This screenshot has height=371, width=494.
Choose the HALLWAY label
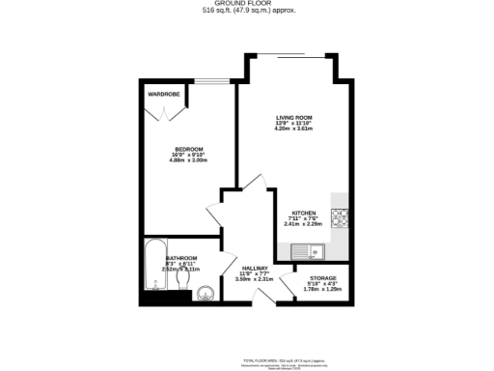pyautogui.click(x=254, y=268)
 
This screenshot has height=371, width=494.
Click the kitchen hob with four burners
pyautogui.click(x=342, y=217)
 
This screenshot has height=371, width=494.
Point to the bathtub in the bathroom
pyautogui.click(x=154, y=268)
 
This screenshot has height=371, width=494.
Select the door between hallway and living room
pyautogui.click(x=253, y=184)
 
